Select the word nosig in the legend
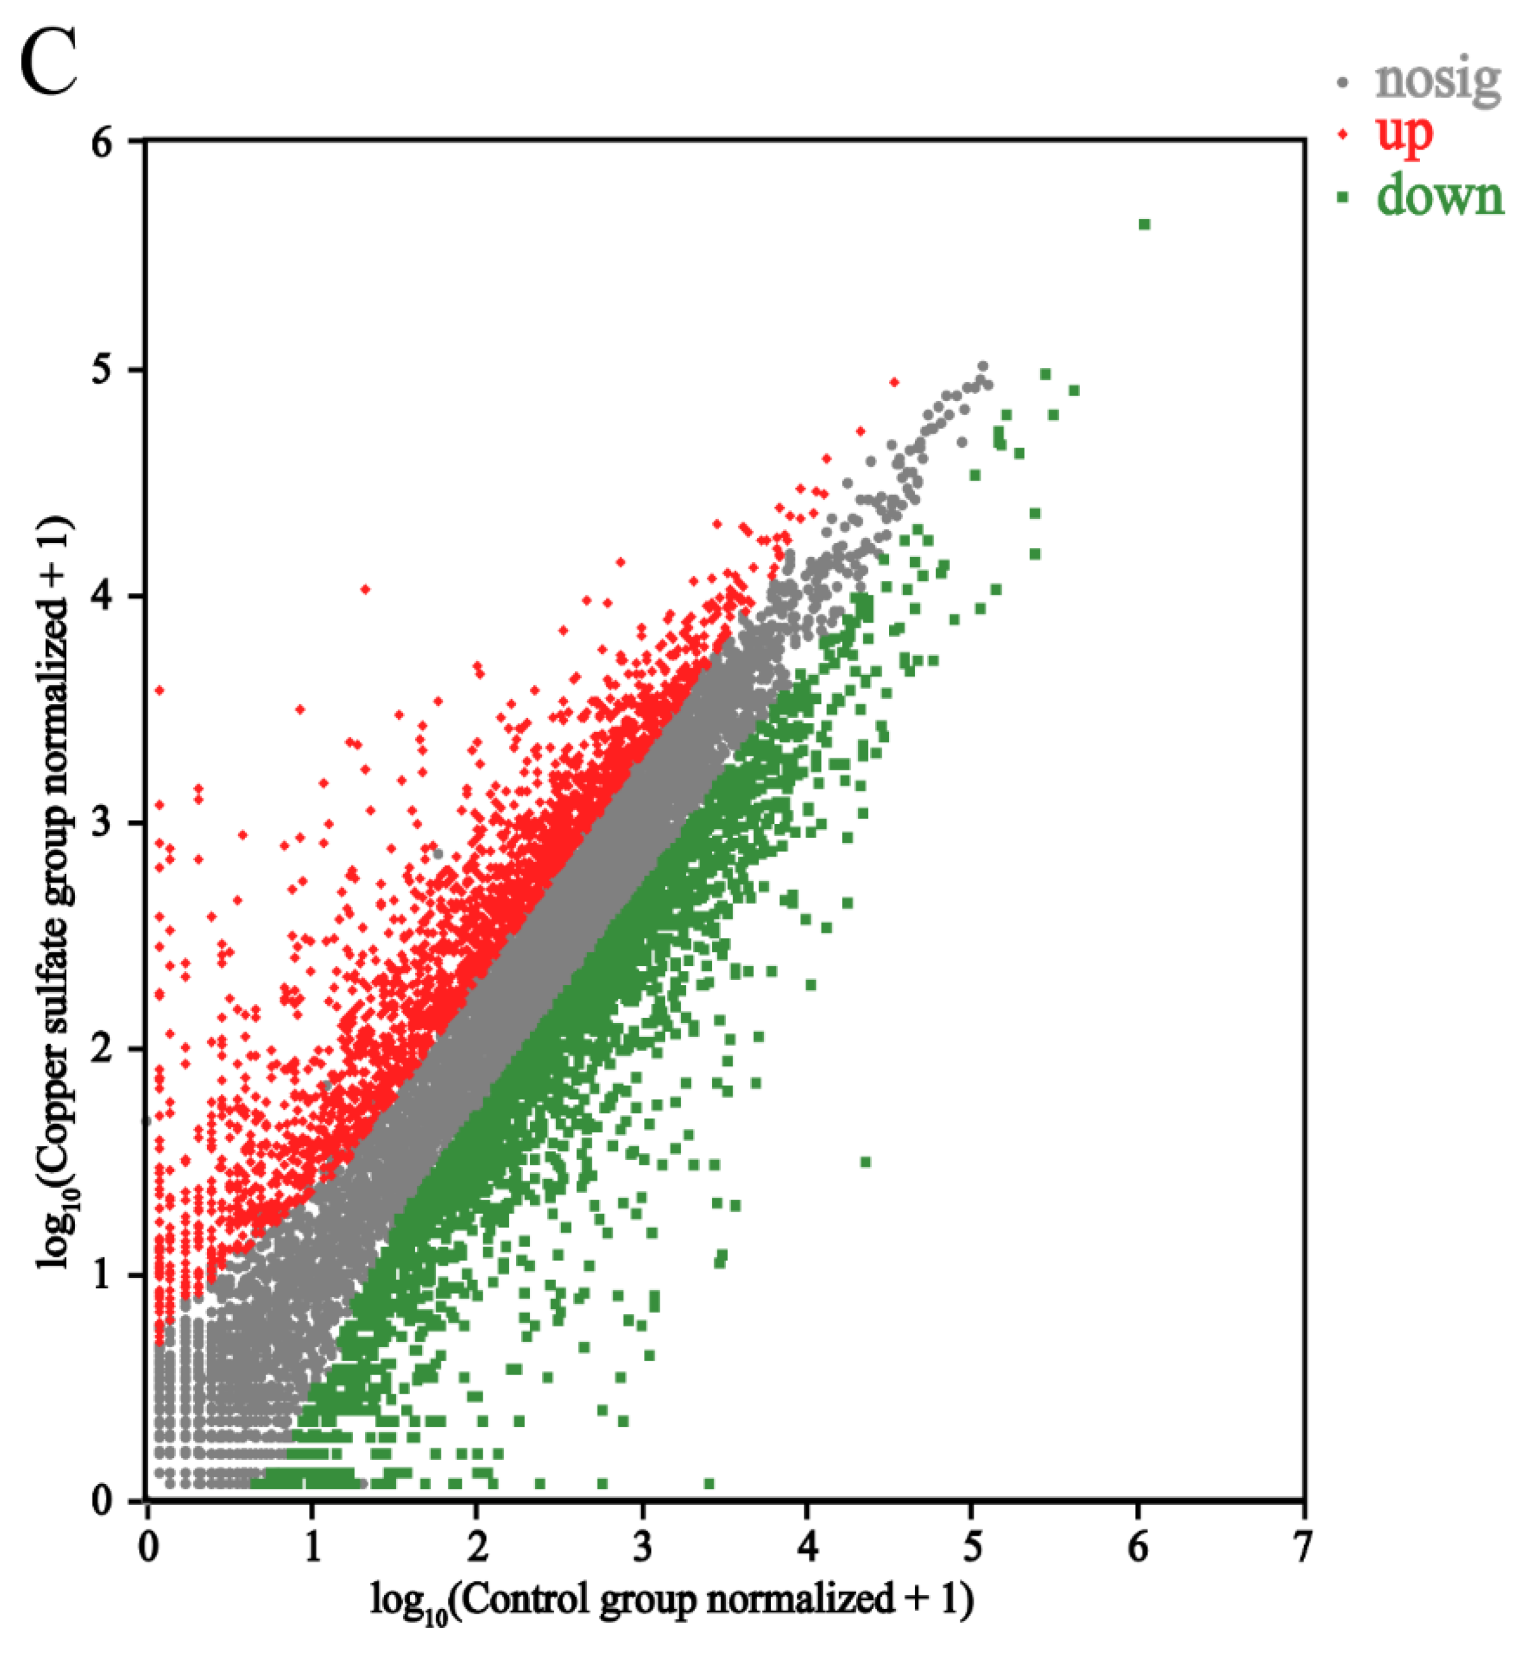click(x=1437, y=80)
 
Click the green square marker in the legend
click(x=1343, y=197)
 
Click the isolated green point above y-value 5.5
click(x=1144, y=224)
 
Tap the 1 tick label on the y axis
click(x=103, y=1275)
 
